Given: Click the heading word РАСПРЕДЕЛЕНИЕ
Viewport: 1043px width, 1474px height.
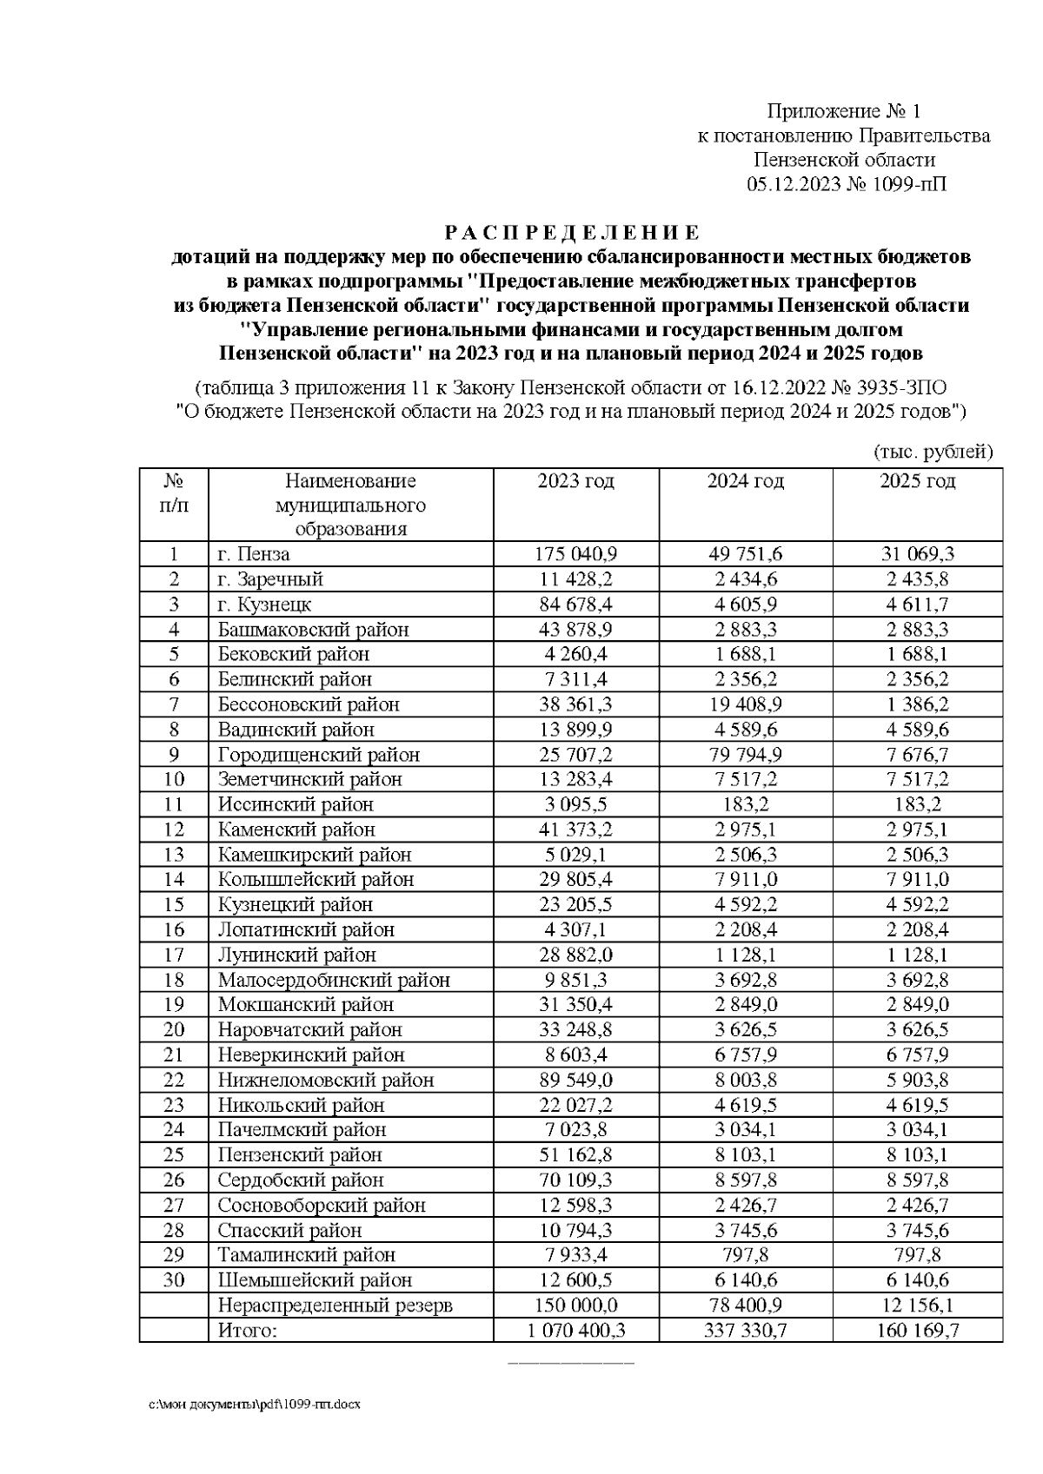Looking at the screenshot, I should click(572, 233).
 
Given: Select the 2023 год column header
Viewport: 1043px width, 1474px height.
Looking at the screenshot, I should click(575, 481).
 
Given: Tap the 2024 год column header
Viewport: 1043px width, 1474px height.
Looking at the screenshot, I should click(745, 481).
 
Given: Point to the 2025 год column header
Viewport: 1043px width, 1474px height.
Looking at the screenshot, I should click(917, 481).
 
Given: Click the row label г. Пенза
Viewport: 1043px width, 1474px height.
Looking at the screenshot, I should click(254, 554).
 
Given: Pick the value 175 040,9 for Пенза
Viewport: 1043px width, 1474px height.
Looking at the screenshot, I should click(575, 554).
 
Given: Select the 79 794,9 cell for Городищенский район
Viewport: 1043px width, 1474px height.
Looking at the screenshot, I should click(745, 755).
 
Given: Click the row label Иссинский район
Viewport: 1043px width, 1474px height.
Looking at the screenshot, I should click(296, 804).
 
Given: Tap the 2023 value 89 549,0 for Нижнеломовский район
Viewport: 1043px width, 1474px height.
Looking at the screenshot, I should click(575, 1080).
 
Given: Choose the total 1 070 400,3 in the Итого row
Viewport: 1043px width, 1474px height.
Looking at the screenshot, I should click(575, 1330).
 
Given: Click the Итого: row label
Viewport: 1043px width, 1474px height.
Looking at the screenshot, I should click(248, 1330).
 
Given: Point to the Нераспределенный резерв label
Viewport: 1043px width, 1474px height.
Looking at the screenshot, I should click(335, 1305).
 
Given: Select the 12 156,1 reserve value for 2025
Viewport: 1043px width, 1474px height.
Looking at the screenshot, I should click(917, 1305).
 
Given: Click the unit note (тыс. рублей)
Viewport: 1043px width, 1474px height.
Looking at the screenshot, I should click(933, 452).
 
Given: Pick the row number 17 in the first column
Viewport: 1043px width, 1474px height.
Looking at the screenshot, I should click(174, 955).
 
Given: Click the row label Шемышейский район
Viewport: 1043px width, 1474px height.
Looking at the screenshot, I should click(315, 1279).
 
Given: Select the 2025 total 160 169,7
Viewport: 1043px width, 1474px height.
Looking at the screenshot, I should click(917, 1330).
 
